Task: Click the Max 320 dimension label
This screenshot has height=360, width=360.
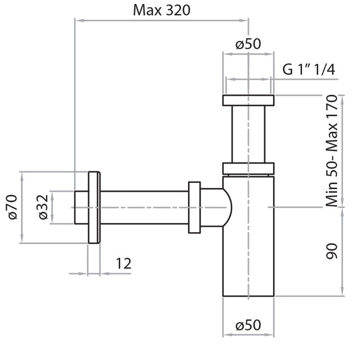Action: pyautogui.click(x=161, y=9)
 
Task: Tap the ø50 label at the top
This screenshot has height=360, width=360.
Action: pyautogui.click(x=248, y=44)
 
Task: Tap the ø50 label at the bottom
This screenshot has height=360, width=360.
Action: pyautogui.click(x=248, y=325)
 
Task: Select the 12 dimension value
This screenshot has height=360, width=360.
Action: pyautogui.click(x=123, y=263)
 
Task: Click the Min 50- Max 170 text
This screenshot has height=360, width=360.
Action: pyautogui.click(x=333, y=151)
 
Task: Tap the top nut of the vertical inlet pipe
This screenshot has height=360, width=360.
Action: pyautogui.click(x=248, y=100)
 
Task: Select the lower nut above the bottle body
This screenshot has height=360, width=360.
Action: pyautogui.click(x=248, y=168)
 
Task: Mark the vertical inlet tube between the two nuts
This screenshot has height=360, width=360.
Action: pyautogui.click(x=248, y=134)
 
